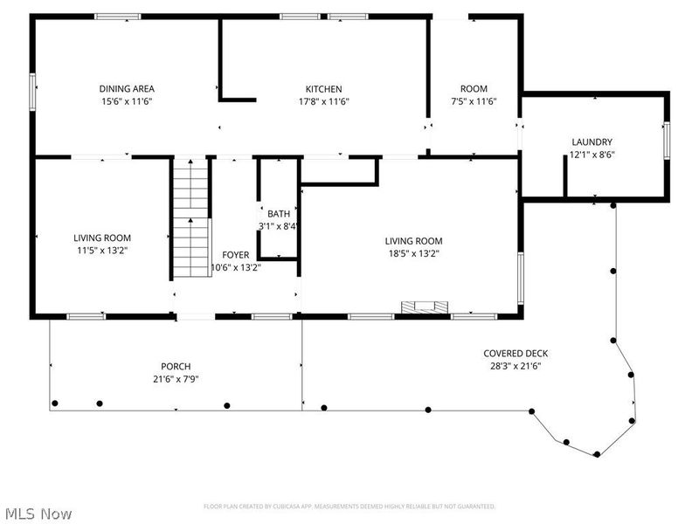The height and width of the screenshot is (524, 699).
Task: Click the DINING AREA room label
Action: click(x=127, y=88)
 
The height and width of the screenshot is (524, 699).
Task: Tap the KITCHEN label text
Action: click(x=323, y=88)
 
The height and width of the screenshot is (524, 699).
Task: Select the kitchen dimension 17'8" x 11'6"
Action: click(x=323, y=101)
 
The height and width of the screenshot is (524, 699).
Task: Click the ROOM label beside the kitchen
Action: click(x=474, y=88)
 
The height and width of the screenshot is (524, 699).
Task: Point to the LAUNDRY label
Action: click(x=592, y=142)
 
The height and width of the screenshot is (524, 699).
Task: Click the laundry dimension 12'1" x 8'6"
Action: click(x=592, y=155)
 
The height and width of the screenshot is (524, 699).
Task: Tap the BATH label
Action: click(x=279, y=214)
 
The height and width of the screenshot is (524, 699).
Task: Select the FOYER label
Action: click(x=235, y=254)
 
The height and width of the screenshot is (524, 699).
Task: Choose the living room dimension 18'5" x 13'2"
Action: click(x=414, y=254)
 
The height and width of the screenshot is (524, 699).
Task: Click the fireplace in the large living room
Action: click(x=425, y=307)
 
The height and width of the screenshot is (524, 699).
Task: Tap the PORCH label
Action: click(x=176, y=366)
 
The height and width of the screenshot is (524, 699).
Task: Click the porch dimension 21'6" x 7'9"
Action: click(x=176, y=379)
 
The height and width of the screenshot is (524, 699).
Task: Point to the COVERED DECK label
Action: click(x=516, y=354)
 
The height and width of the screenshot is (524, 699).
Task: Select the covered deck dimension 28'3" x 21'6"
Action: click(x=516, y=367)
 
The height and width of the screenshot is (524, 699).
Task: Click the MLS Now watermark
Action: click(x=38, y=514)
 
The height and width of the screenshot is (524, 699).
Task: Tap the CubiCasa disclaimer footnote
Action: click(x=349, y=507)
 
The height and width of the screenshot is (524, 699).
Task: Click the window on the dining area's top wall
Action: click(x=118, y=16)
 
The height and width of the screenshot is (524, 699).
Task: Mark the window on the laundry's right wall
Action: click(x=667, y=141)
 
